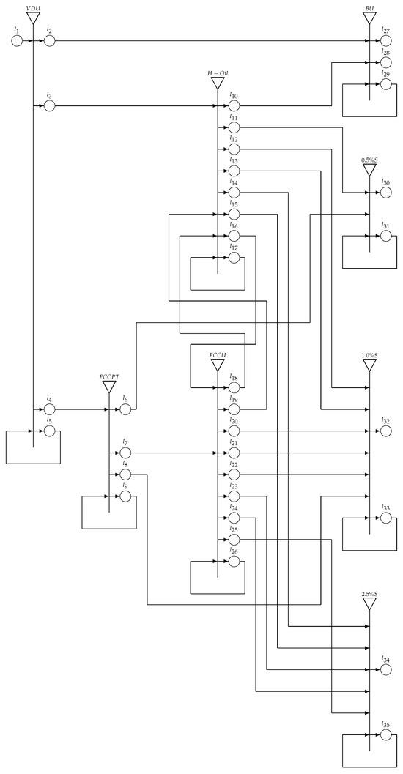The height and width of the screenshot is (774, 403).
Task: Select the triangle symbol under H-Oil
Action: point(217,84)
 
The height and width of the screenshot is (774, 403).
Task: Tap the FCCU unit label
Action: point(217,354)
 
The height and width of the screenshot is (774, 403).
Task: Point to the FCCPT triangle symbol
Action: point(109,386)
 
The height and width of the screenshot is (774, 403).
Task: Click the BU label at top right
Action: point(370,7)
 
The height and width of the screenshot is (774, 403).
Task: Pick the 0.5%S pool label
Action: point(370,159)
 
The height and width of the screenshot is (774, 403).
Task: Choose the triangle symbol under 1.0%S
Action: point(370,365)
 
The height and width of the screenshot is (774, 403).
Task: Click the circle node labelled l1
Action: point(17,40)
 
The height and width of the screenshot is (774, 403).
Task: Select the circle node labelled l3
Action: point(49,106)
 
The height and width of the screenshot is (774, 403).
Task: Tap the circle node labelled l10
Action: point(234,106)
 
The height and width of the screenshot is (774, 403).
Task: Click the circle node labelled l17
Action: point(234,258)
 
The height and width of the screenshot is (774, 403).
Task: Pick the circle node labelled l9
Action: point(125,496)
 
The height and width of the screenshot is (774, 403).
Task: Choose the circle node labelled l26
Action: point(234,561)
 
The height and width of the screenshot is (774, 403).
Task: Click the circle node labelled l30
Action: point(385,193)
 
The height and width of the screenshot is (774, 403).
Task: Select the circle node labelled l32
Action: point(385,431)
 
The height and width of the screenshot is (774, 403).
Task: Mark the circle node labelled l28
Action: point(385,62)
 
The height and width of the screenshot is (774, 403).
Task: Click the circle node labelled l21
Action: point(234,453)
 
